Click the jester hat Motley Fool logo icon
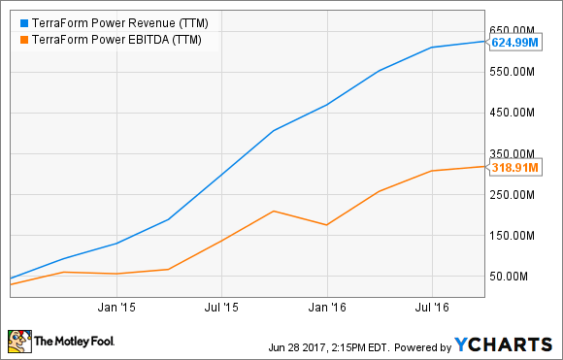tap(18, 341)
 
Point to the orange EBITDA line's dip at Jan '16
tap(327, 225)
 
